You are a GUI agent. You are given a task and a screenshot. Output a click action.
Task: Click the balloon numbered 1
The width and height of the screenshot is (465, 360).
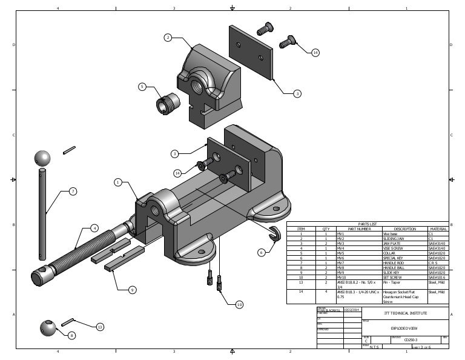(x=118, y=182)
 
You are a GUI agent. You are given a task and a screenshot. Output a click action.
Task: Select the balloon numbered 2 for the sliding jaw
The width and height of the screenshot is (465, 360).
(x=168, y=38)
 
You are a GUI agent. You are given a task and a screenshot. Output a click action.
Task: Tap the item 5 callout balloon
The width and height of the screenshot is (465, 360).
(x=142, y=87)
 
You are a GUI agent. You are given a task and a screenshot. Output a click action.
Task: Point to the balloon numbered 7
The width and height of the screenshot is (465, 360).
(x=73, y=192)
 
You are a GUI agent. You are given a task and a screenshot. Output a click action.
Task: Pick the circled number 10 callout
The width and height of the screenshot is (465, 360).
(x=239, y=304)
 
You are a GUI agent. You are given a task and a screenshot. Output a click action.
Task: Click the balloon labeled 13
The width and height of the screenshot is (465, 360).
(x=101, y=327)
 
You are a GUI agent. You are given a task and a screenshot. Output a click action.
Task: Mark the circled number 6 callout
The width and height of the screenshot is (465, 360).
(x=262, y=252)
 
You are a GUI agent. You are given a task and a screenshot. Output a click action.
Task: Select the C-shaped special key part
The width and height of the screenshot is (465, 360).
(x=274, y=234)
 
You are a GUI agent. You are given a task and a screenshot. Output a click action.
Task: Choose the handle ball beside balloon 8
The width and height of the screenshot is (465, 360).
(x=48, y=328)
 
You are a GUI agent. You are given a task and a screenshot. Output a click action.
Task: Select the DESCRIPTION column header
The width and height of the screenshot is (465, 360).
(x=404, y=228)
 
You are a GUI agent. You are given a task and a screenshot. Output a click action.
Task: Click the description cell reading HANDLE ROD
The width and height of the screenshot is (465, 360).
(x=395, y=262)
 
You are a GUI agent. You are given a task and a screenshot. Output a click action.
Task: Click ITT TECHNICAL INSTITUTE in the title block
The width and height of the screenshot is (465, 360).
(x=405, y=313)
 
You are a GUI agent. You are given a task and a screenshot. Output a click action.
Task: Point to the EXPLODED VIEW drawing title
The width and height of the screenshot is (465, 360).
(x=405, y=328)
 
